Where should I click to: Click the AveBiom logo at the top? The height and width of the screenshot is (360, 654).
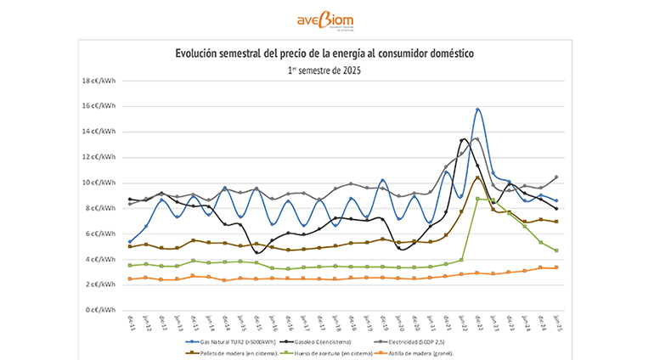pyautogui.click(x=325, y=21)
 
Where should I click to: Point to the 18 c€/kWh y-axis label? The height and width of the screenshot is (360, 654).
pyautogui.click(x=99, y=82)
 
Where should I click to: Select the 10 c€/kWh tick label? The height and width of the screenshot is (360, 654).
pyautogui.click(x=99, y=183)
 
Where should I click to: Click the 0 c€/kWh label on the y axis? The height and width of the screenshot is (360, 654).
pyautogui.click(x=100, y=310)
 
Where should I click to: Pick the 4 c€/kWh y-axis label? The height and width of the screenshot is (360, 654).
pyautogui.click(x=100, y=259)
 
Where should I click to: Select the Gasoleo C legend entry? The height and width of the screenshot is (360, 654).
pyautogui.click(x=327, y=342)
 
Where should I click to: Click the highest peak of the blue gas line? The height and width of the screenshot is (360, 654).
pyautogui.click(x=479, y=109)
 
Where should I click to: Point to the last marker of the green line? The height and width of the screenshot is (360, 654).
pyautogui.click(x=556, y=250)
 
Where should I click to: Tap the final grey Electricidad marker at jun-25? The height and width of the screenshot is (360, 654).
pyautogui.click(x=556, y=177)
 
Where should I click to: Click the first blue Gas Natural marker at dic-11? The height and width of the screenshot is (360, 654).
pyautogui.click(x=130, y=242)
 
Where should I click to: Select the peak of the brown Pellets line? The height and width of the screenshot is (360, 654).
pyautogui.click(x=479, y=177)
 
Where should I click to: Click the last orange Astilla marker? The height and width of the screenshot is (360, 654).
pyautogui.click(x=556, y=267)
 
